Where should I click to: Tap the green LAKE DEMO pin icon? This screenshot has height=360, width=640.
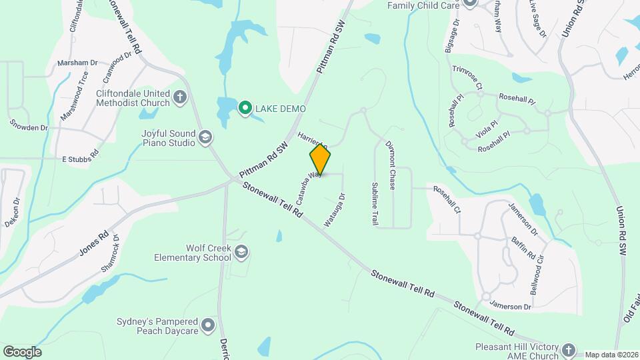click(x=245, y=107)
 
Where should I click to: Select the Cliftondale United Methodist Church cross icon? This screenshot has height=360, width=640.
click(x=179, y=97)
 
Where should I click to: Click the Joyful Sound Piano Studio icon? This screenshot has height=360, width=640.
click(x=205, y=137)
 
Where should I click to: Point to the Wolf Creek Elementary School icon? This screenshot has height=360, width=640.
click(x=241, y=252)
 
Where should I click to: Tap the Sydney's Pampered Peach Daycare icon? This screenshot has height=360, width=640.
click(x=208, y=325)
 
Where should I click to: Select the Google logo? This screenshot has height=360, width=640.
click(x=21, y=351)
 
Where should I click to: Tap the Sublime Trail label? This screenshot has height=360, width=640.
click(x=375, y=203)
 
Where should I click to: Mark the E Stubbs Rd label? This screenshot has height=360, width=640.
click(x=80, y=159)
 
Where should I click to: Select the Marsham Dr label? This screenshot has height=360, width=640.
click(x=77, y=63)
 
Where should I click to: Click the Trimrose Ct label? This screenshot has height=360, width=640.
click(x=467, y=75)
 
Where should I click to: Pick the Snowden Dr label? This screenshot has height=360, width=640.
click(x=29, y=125)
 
